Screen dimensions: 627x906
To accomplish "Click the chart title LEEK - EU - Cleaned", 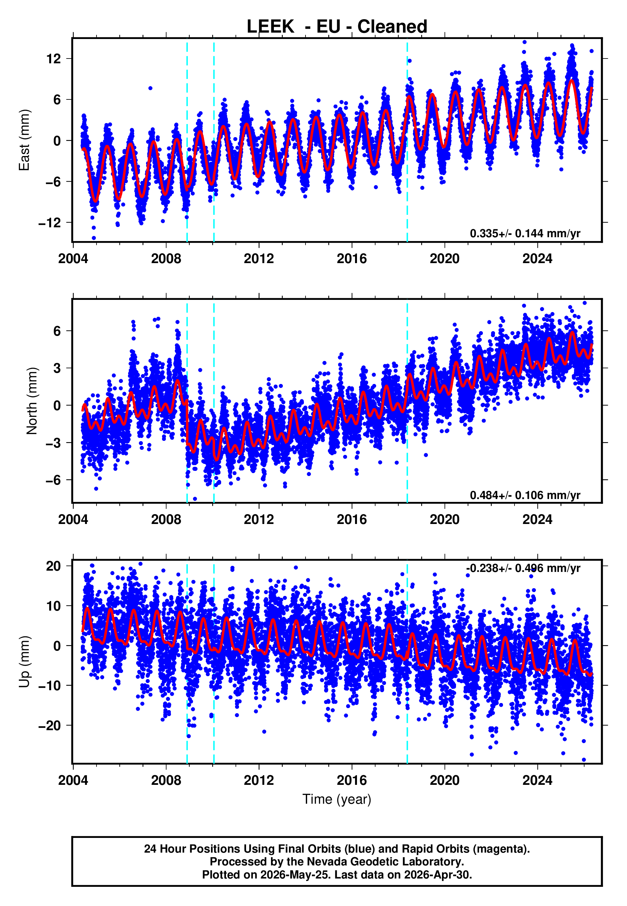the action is click(x=337, y=27).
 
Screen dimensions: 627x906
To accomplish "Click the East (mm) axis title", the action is click(x=24, y=140).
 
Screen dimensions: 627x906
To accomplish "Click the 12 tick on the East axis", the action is click(x=53, y=59).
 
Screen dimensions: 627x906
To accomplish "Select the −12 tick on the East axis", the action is click(x=50, y=223).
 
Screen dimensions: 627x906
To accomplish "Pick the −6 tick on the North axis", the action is click(x=53, y=480).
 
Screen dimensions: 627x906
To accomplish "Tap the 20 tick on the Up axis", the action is click(x=53, y=566).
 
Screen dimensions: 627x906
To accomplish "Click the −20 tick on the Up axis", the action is click(x=50, y=725).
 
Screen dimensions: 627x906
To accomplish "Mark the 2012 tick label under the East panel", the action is click(x=259, y=259).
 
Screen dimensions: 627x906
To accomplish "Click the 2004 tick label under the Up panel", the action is click(x=73, y=780).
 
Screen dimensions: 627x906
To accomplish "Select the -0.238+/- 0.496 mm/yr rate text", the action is click(x=523, y=568).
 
